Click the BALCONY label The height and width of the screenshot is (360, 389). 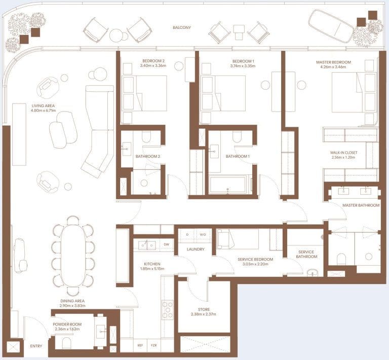pyautogui.click(x=182, y=27)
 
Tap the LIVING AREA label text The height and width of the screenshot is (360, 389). pyautogui.click(x=43, y=106)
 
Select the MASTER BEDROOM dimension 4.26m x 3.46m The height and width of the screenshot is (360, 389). pyautogui.click(x=333, y=67)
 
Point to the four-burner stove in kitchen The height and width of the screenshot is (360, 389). pyautogui.click(x=168, y=309)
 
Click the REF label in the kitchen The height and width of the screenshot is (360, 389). pyautogui.click(x=140, y=345)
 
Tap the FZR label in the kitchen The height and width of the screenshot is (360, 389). pyautogui.click(x=154, y=345)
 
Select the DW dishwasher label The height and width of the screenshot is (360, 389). pyautogui.click(x=167, y=244)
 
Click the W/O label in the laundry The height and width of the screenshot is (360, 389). pyautogui.click(x=203, y=235)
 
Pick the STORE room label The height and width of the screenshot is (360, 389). pyautogui.click(x=204, y=309)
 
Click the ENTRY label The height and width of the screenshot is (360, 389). pyautogui.click(x=36, y=346)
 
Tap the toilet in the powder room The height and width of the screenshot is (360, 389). pyautogui.click(x=67, y=343)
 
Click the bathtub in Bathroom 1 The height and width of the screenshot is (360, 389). pyautogui.click(x=228, y=185)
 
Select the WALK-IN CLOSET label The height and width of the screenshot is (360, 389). pyautogui.click(x=343, y=153)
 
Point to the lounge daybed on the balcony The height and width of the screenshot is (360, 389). pyautogui.click(x=331, y=25)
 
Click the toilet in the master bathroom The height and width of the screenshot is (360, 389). pyautogui.click(x=341, y=259)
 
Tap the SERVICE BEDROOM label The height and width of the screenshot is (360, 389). pyautogui.click(x=255, y=260)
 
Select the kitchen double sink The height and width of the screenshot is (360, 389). pyautogui.click(x=147, y=245)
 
